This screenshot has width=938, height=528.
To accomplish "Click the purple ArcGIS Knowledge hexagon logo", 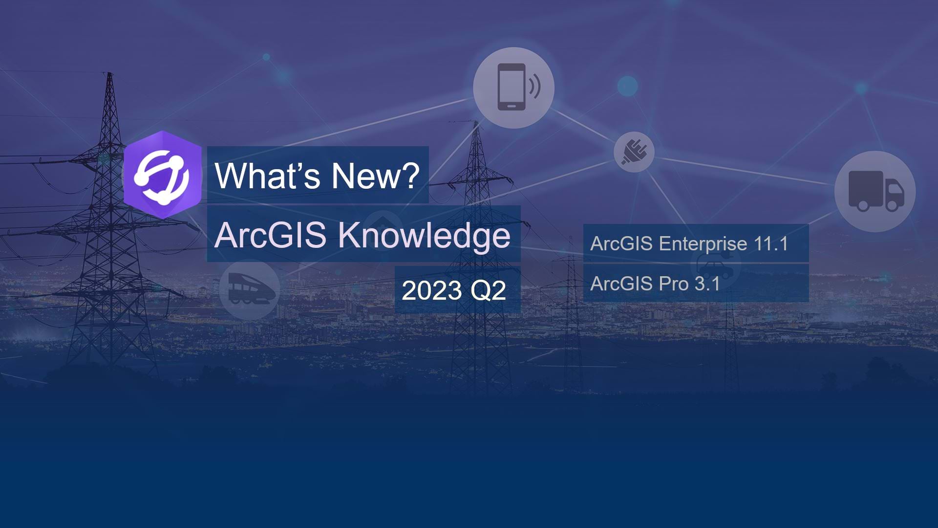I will [x=163, y=175].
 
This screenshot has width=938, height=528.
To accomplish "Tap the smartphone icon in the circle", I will [x=512, y=87].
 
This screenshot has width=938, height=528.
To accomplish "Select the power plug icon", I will [x=634, y=152].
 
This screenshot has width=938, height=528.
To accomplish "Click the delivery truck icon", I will [x=875, y=191].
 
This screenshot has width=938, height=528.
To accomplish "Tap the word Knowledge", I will [x=424, y=236].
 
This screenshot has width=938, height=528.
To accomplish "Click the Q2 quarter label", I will [x=488, y=291].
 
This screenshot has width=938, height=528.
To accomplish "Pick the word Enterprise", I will [x=703, y=243].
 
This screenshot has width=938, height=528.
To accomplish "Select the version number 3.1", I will [x=707, y=284].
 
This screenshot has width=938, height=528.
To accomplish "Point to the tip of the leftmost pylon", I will [x=110, y=74].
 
